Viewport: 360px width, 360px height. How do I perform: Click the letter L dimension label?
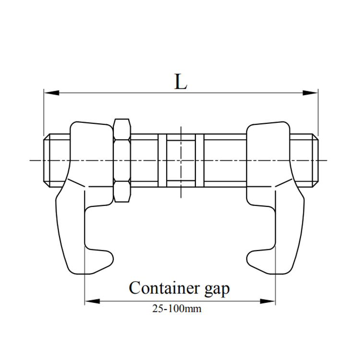coord(180,82)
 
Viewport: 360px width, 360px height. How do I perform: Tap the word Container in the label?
coord(164,288)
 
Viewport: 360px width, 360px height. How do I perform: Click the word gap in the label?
coord(217,290)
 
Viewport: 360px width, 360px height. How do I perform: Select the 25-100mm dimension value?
coord(177,309)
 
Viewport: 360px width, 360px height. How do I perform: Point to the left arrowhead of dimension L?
coord(51,93)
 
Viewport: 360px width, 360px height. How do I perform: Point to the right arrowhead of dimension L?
coord(311,93)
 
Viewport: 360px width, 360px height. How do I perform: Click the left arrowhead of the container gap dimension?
coord(92,301)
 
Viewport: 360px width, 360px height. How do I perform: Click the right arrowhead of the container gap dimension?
coord(268,301)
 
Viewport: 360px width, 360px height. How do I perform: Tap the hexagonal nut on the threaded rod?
coord(122,160)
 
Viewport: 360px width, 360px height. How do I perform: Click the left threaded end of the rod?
coord(57,160)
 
